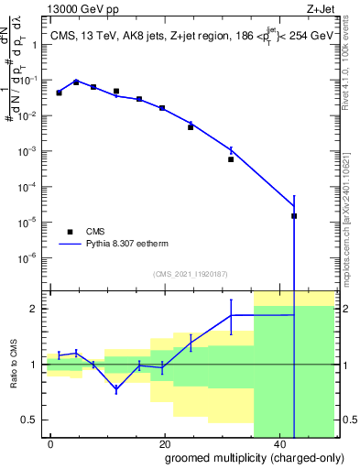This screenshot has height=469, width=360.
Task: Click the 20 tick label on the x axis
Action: pos(164,443)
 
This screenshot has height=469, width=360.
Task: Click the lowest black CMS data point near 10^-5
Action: pos(294,216)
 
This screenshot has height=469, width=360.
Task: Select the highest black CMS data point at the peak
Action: pos(76,82)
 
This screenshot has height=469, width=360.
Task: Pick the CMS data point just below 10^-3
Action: pos(231,159)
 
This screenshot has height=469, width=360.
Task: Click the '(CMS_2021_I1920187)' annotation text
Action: pos(190,273)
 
